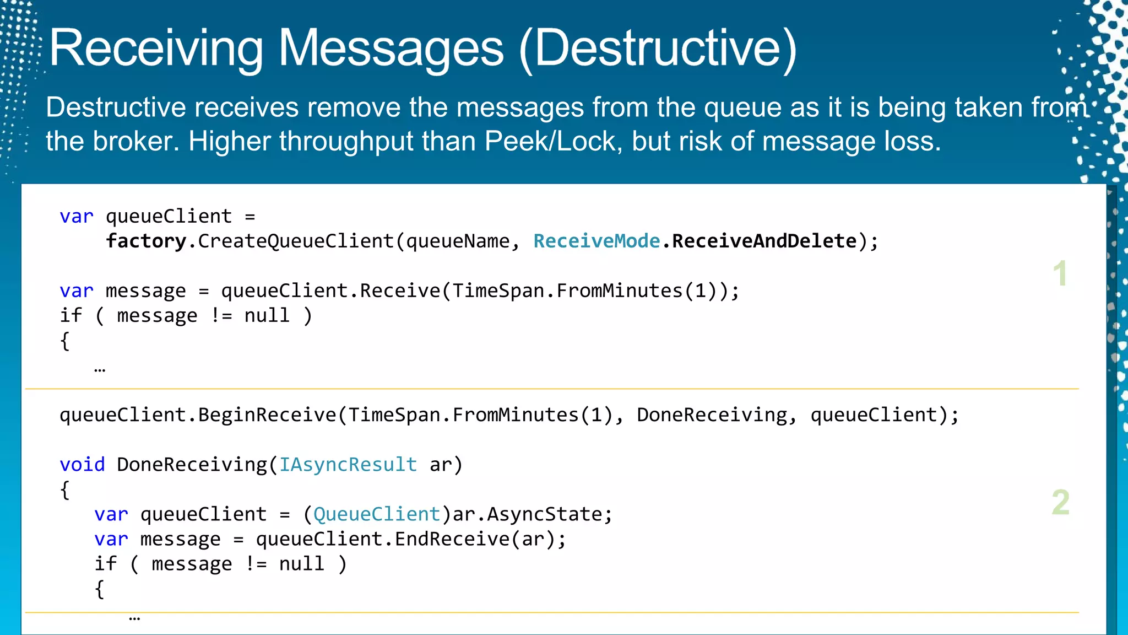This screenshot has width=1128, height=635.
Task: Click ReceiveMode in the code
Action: coord(596,241)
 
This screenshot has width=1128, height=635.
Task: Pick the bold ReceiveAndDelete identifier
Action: coord(764,241)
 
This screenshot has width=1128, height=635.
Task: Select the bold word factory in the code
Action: coord(146,241)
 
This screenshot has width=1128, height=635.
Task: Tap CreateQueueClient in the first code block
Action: coord(296,241)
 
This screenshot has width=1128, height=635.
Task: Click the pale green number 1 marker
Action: coord(1060,273)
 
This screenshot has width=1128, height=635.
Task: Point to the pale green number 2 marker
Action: coord(1060,502)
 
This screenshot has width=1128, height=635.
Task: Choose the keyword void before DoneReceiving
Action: coord(82,465)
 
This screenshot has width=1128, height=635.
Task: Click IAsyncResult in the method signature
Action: coord(348,465)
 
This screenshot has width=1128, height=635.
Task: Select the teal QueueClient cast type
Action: coord(377,514)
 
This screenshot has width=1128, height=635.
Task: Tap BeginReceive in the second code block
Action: coord(267,415)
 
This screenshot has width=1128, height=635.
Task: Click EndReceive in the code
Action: coord(452,539)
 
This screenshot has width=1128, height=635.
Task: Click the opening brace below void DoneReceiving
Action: coord(65,489)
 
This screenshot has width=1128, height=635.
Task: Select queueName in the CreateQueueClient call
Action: coord(458,241)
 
